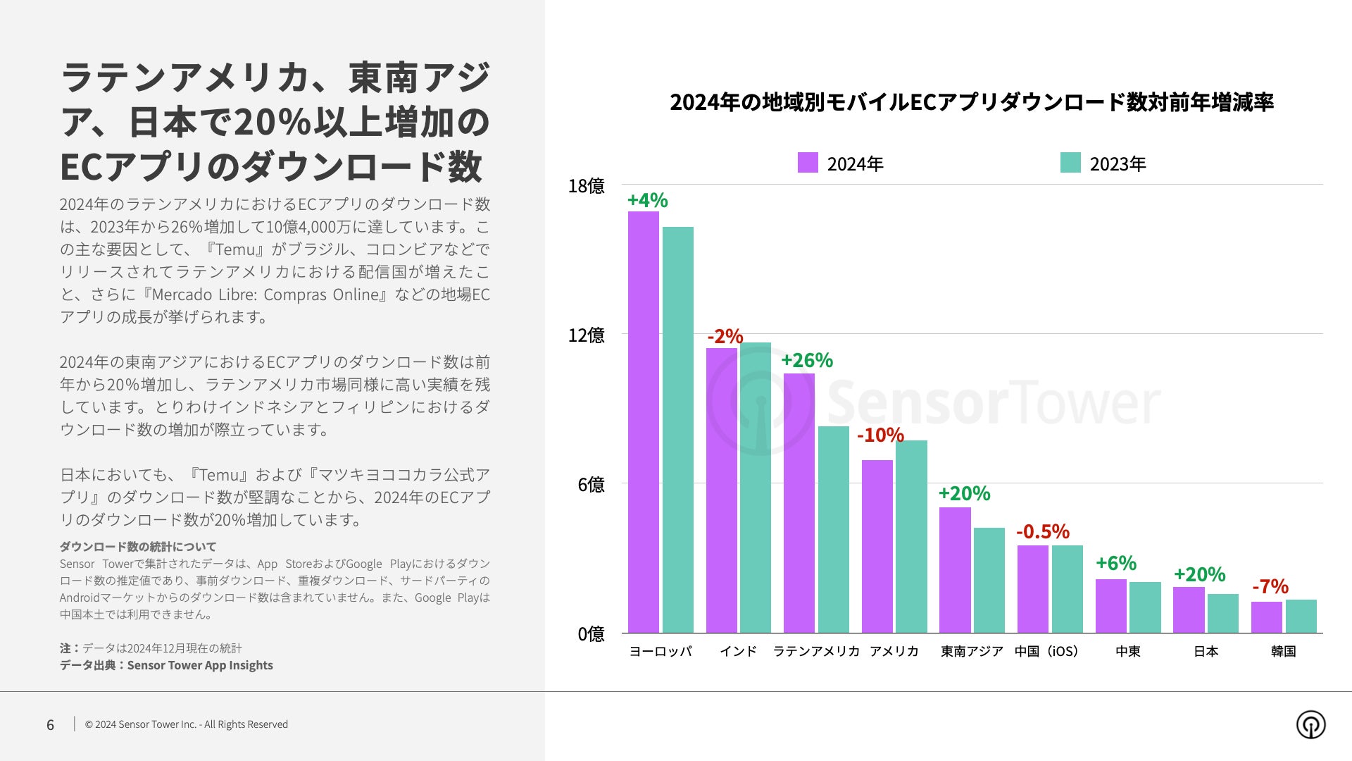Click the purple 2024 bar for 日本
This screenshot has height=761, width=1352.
(x=1189, y=610)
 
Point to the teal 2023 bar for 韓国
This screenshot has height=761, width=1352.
(x=1301, y=616)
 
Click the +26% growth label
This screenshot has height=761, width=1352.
(x=806, y=361)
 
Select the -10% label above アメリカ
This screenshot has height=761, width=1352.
(x=880, y=435)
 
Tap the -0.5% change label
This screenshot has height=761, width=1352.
(x=1042, y=531)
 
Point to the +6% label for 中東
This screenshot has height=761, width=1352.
(x=1115, y=563)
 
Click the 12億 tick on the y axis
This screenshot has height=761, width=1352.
(x=586, y=335)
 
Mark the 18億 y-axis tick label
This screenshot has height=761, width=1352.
(x=586, y=186)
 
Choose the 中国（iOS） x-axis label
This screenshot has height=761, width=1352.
(x=1046, y=651)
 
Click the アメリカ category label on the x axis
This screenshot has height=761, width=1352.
(x=894, y=651)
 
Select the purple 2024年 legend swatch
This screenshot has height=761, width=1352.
(x=808, y=163)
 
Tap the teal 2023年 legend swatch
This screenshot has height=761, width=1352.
(x=1070, y=163)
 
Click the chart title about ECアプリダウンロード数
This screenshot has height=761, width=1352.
(x=971, y=102)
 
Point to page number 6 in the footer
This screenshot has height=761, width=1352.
(x=50, y=724)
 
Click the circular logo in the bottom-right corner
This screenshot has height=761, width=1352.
(x=1310, y=724)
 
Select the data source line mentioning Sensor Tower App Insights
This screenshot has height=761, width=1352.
(x=166, y=665)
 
